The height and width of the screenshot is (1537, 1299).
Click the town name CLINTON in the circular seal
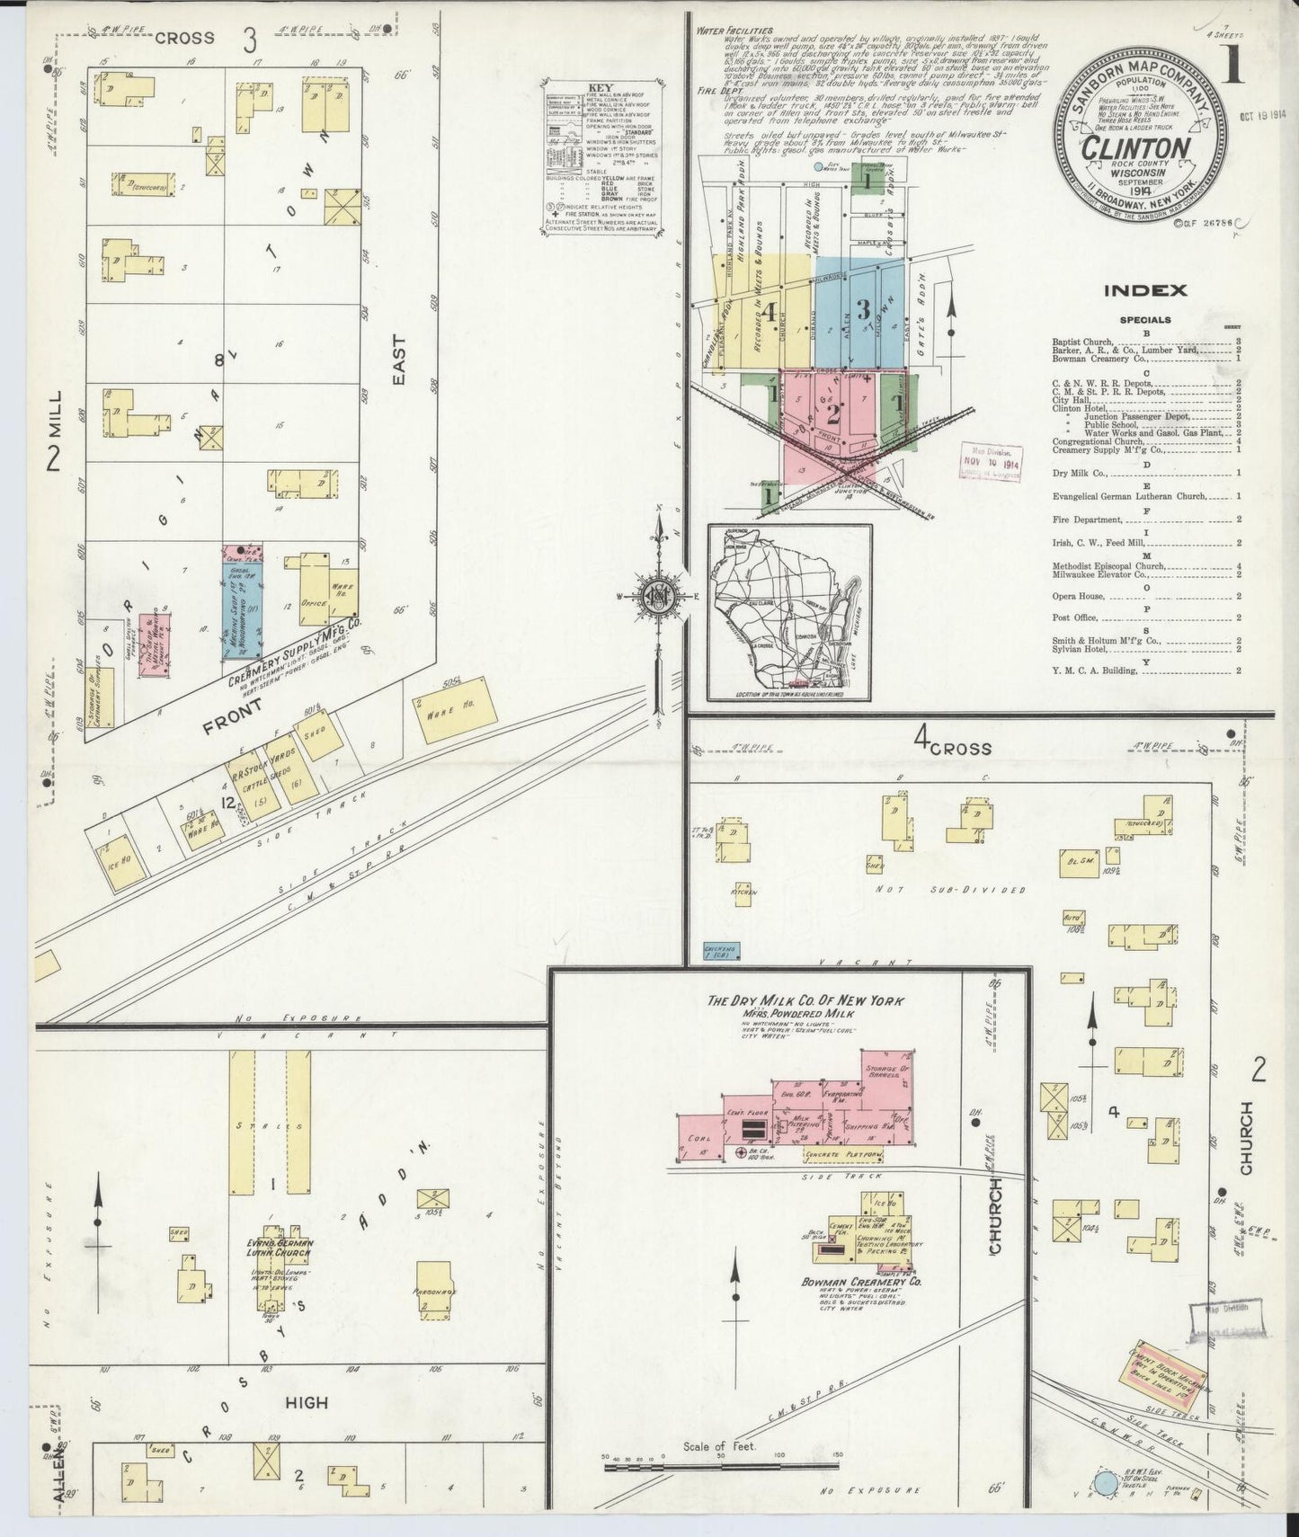click(x=1137, y=149)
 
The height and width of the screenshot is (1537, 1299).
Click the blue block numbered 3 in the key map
click(x=860, y=311)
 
